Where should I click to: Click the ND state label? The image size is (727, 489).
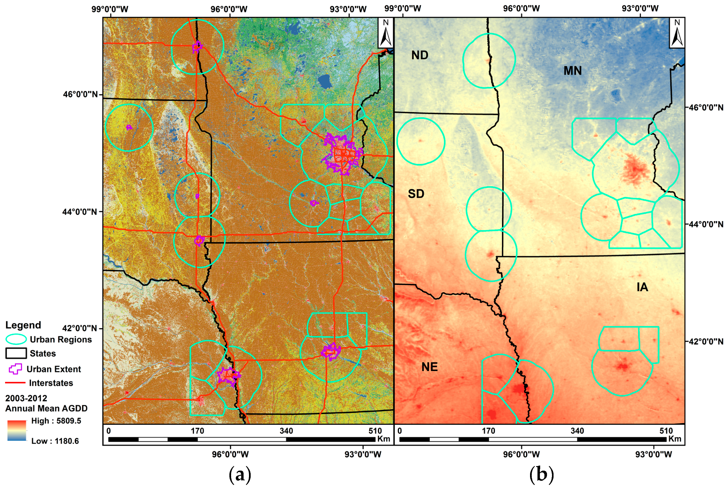[x=420, y=55]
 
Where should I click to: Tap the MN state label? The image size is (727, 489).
[x=573, y=71]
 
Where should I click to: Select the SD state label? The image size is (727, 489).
[x=416, y=194]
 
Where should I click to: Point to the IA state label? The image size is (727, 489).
[x=642, y=287]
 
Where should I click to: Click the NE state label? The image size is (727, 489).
[x=429, y=367]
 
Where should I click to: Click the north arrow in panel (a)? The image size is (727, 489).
[x=385, y=33]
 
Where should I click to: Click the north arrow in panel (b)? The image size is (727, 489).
[x=677, y=33]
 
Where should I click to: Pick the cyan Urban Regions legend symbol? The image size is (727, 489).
[x=16, y=339]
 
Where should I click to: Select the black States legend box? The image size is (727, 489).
[x=16, y=353]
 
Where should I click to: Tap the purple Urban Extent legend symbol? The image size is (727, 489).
[x=16, y=369]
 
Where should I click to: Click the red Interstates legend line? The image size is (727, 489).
[x=15, y=383]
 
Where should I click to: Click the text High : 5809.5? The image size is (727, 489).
[x=56, y=421]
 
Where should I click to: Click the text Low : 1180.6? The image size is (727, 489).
[x=55, y=441]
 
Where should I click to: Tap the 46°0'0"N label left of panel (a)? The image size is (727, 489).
[x=80, y=94]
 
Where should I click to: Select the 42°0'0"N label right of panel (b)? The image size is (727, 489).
[x=706, y=341]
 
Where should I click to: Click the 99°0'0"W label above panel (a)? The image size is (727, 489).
[x=110, y=9]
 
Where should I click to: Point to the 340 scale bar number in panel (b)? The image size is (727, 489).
[x=577, y=431]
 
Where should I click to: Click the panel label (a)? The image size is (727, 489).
[x=240, y=475]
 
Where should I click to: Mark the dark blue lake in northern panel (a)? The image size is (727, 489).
[x=325, y=81]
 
